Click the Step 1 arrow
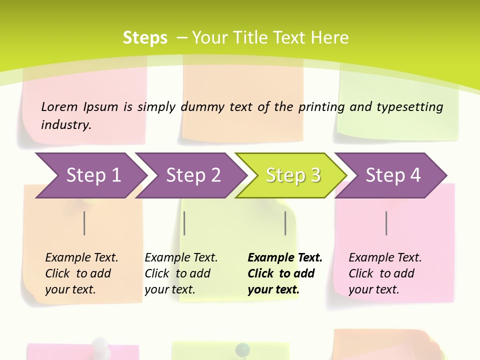click(x=92, y=175)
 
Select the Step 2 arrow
click(x=192, y=175)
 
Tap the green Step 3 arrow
click(x=292, y=175)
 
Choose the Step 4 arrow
click(x=392, y=175)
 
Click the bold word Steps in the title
click(x=145, y=37)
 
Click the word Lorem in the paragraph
click(x=59, y=106)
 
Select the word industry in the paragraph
click(x=66, y=124)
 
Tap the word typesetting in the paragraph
click(x=409, y=107)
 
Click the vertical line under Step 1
click(x=84, y=223)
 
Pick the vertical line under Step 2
click(x=184, y=223)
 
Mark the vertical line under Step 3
click(x=285, y=223)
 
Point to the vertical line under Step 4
click(x=386, y=223)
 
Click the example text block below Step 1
click(x=81, y=273)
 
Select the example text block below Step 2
click(x=181, y=273)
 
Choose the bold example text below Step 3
click(x=285, y=273)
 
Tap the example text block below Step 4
click(x=385, y=273)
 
